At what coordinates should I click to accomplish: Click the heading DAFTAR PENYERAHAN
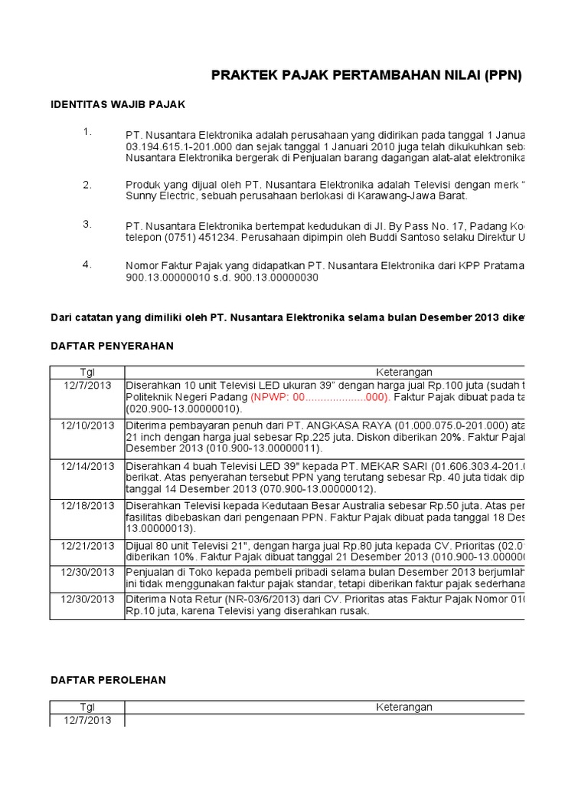(112, 346)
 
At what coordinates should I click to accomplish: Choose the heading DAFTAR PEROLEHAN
(108, 680)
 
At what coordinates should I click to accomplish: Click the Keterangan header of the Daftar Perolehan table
(403, 707)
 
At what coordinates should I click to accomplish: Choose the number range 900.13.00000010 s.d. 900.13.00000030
(221, 278)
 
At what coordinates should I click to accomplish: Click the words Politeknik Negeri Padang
(186, 399)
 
